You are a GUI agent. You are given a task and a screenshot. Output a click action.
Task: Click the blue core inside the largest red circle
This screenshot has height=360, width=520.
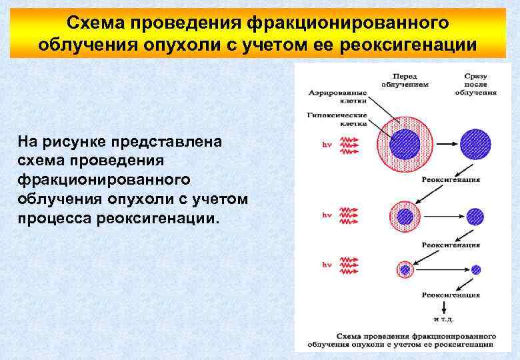click(x=404, y=143)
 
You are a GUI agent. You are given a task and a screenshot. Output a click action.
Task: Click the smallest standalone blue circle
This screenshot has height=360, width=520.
click(x=475, y=270)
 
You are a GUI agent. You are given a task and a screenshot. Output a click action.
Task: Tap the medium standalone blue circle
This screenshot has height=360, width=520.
click(x=475, y=216)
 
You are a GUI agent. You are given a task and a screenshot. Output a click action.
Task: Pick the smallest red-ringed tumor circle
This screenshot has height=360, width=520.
click(x=405, y=270)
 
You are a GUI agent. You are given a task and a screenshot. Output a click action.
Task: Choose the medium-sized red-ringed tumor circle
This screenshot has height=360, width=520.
click(x=405, y=216)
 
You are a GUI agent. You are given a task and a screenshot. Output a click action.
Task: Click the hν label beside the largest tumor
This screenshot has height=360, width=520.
click(x=327, y=143)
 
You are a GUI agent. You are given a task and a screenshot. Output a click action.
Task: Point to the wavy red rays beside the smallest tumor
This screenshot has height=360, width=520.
click(x=351, y=265)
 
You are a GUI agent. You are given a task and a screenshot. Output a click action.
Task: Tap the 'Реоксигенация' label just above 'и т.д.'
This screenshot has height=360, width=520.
click(x=451, y=294)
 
